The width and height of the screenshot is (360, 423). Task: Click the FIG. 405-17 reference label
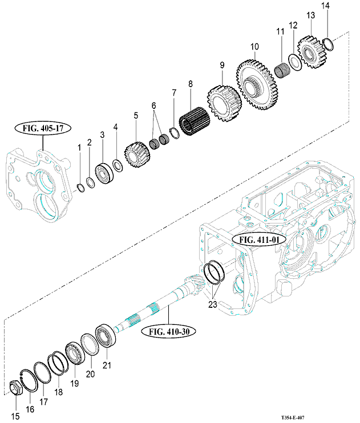[46, 128]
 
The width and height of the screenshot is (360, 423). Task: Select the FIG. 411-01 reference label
[259, 240]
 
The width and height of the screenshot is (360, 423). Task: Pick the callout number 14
[325, 6]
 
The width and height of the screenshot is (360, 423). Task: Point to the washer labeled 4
[117, 165]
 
